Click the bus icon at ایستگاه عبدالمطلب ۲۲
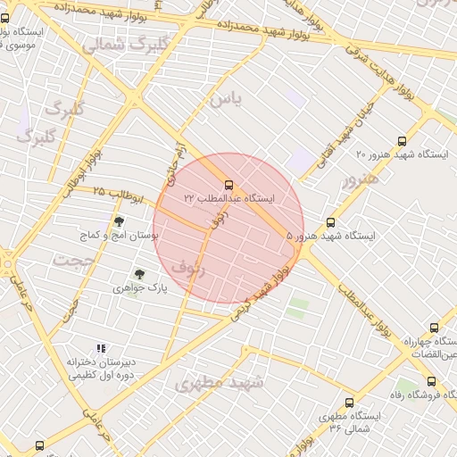(229, 185)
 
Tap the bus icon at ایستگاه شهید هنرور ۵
(331, 223)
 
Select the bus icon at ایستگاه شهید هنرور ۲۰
(402, 141)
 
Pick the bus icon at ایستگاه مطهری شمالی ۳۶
(349, 403)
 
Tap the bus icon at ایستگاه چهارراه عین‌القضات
(435, 328)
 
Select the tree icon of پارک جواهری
(138, 275)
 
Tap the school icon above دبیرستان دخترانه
(102, 348)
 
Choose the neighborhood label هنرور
(361, 180)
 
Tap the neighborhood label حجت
(73, 260)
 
